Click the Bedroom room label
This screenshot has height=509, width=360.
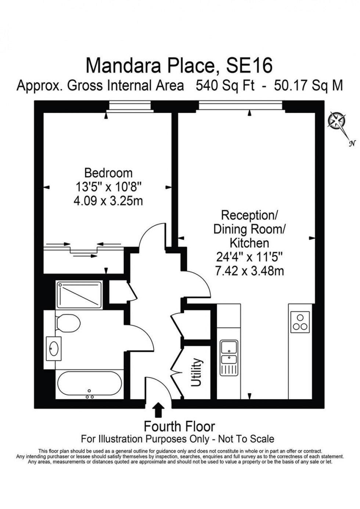pos(108,173)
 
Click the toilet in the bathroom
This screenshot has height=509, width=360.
pos(68,323)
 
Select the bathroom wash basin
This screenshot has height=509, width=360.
pos(54,348)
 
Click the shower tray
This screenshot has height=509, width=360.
pos(79,295)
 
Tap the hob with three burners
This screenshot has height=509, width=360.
pos(300,323)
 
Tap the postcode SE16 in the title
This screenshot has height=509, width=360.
pos(249,66)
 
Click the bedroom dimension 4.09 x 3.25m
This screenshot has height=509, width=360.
pos(108,201)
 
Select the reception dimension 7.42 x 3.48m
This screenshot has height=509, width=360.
pos(250,271)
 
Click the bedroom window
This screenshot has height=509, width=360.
pos(130,107)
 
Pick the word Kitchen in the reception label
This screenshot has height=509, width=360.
pos(250,243)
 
